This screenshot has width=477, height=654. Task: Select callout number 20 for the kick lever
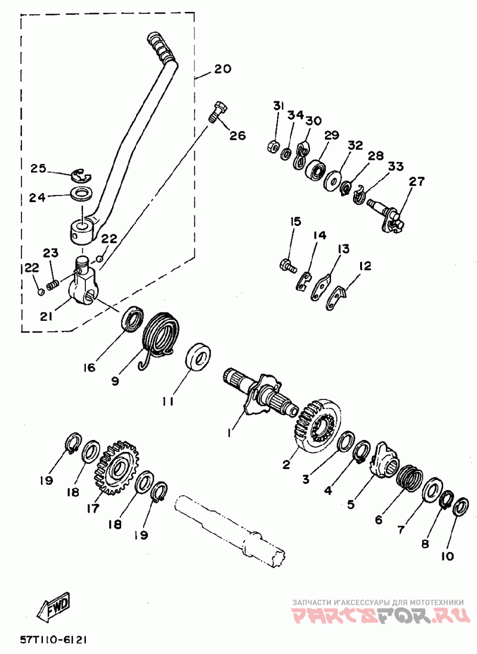(x=222, y=68)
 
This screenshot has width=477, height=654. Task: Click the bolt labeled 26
(x=218, y=111)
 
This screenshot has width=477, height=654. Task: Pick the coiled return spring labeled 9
(x=160, y=340)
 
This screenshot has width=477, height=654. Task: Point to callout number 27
(x=416, y=181)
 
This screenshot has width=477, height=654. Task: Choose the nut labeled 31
(x=273, y=147)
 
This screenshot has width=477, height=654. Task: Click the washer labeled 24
(x=83, y=194)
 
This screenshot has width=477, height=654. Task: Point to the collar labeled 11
(x=198, y=357)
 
